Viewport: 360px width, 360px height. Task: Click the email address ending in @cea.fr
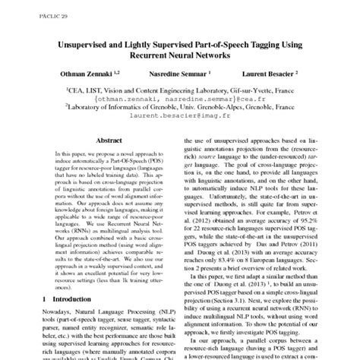click(180, 98)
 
